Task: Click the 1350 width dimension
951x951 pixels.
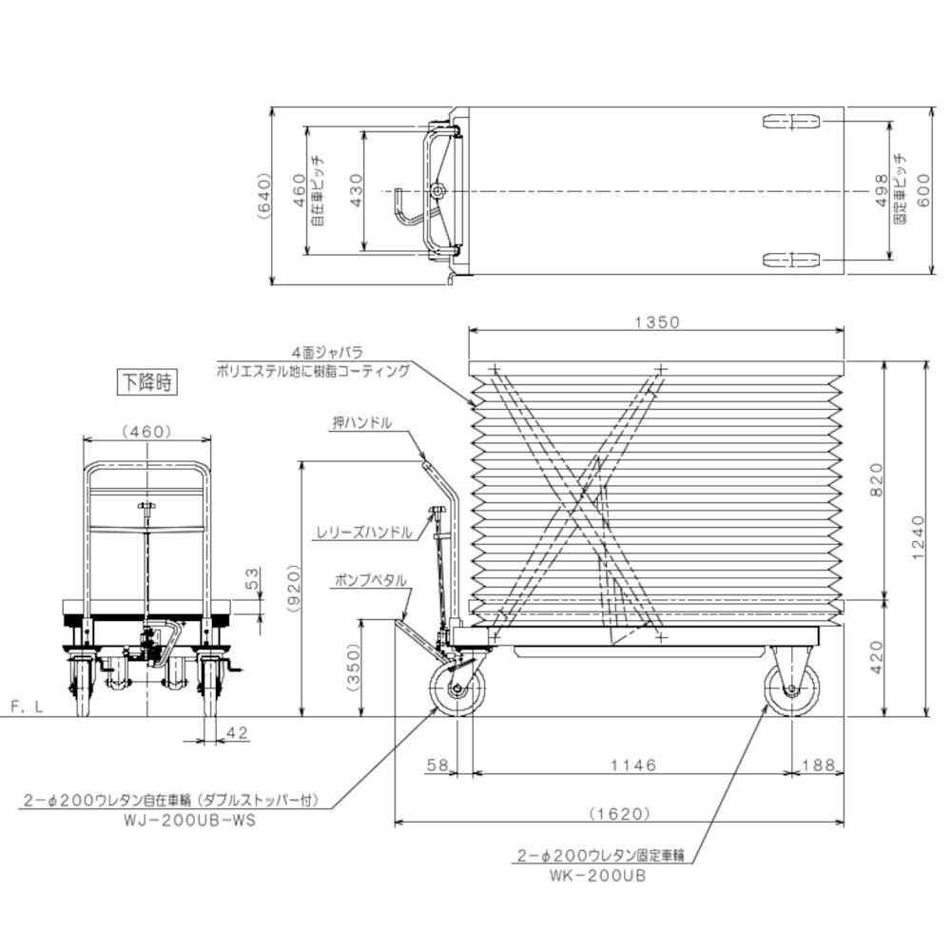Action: point(657,322)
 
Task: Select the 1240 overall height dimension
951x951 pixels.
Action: point(919,537)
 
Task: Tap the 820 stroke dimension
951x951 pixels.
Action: point(877,479)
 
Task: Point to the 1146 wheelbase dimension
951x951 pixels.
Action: point(633,766)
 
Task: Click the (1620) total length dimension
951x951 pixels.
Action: point(619,813)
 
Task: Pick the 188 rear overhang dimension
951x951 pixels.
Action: point(819,766)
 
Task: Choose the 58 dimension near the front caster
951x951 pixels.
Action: point(437,766)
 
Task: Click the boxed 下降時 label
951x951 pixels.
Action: point(147,382)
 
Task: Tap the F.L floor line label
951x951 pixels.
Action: point(28,708)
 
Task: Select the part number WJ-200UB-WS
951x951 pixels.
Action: point(190,821)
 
